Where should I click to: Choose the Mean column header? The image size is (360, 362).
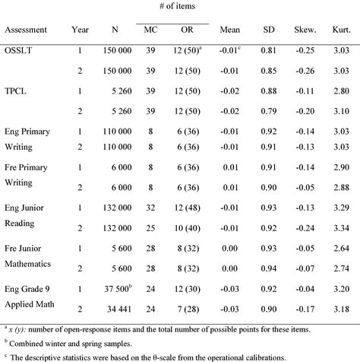coord(229,30)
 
